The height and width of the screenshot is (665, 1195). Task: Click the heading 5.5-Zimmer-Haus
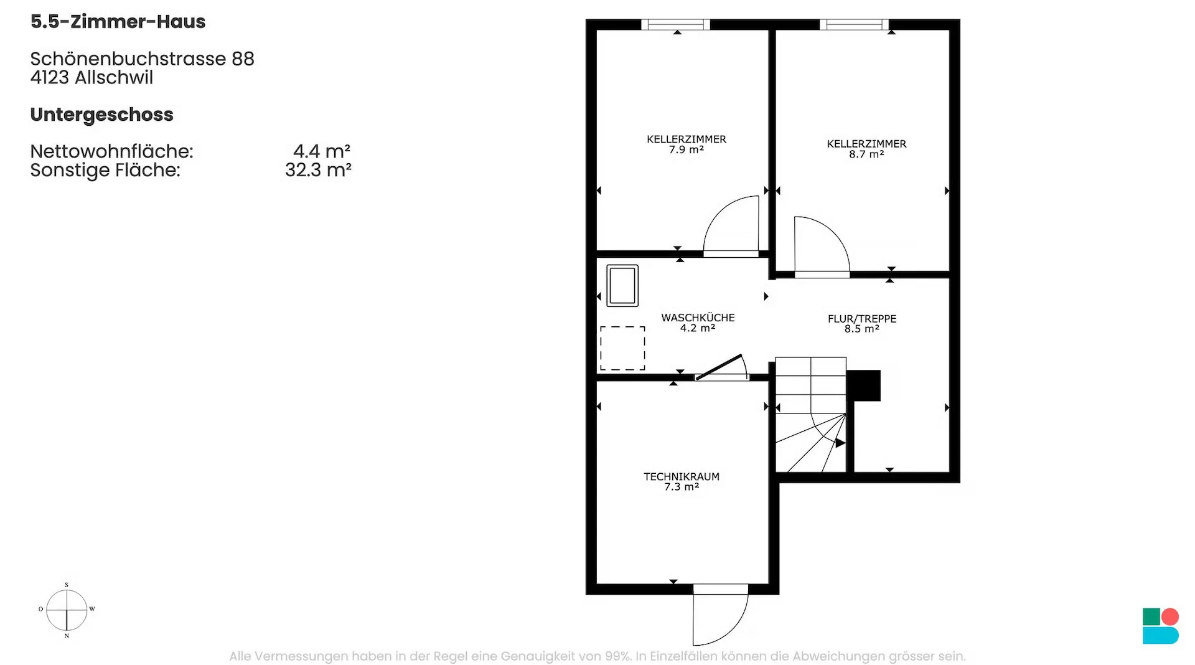[118, 22]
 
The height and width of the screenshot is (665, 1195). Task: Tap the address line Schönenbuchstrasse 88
[143, 59]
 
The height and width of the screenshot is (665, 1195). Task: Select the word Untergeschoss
[102, 115]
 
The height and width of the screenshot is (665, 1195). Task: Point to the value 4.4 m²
[322, 151]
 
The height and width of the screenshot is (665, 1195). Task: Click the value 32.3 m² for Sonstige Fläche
[318, 170]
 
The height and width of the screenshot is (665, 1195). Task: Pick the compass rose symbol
[67, 610]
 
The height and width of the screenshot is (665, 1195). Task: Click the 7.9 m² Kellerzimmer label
[687, 144]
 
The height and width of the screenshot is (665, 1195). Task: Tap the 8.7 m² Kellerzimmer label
[866, 149]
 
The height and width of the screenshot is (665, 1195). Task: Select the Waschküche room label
[698, 323]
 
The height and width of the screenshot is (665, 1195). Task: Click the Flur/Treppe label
[862, 324]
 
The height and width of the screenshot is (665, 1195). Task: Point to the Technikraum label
[682, 481]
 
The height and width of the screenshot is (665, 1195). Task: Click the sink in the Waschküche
[622, 286]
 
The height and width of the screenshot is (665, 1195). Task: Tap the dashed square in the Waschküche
[622, 348]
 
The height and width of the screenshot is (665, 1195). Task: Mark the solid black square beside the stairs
[864, 385]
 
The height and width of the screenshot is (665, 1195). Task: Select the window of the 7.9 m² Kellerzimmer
[676, 25]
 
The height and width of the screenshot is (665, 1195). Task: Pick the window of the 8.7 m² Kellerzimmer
[854, 25]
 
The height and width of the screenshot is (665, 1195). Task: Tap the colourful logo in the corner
[1161, 626]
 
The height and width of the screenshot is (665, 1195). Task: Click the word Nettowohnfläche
[112, 151]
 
